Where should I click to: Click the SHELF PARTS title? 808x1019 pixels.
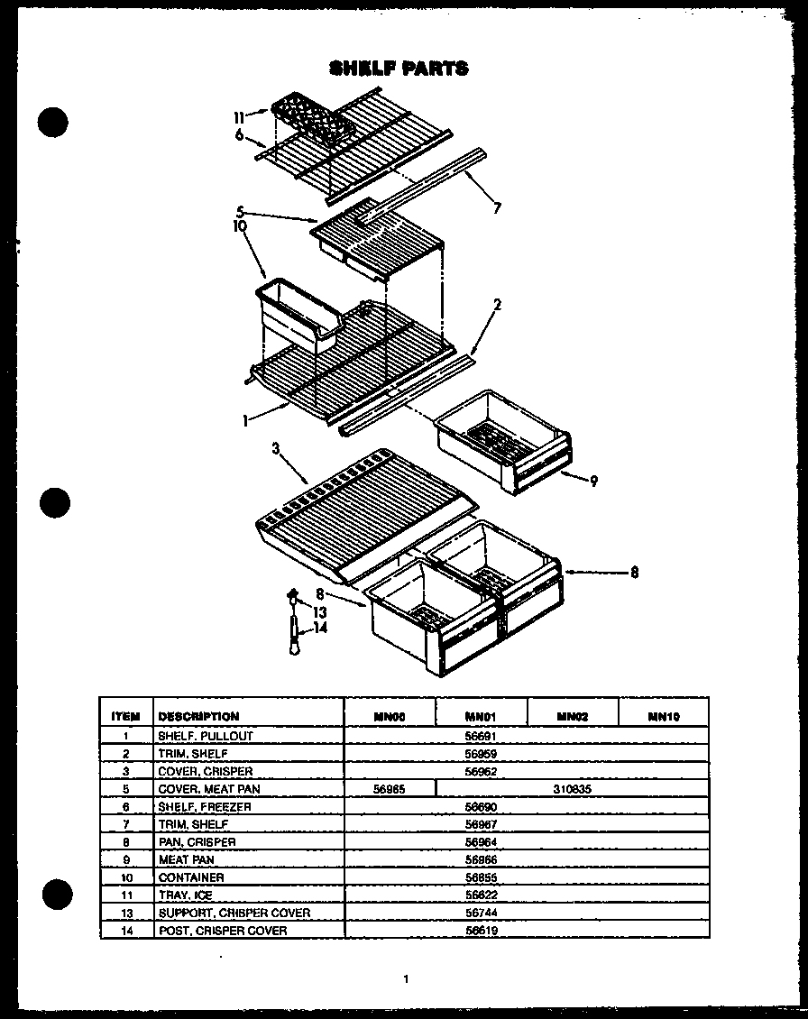coord(399,69)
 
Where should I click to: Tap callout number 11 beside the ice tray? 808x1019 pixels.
coord(238,116)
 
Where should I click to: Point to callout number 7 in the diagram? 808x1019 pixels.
coord(496,208)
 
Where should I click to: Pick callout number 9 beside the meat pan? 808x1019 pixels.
coord(593,481)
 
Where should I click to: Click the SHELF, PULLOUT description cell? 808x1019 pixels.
coord(206,736)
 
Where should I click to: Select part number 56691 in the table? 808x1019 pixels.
coord(481,736)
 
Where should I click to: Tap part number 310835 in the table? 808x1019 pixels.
coord(572,789)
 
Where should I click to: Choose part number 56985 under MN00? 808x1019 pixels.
coord(390,789)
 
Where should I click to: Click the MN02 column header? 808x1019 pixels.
coord(572,717)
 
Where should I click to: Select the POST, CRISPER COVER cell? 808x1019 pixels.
coord(223,931)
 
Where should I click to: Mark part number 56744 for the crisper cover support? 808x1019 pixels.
coord(481,913)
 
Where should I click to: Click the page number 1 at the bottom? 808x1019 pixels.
coord(407,978)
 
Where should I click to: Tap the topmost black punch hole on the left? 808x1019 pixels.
coord(55,122)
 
